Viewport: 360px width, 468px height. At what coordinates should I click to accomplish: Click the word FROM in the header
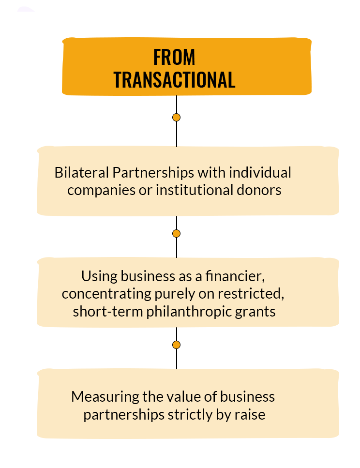[x=174, y=57]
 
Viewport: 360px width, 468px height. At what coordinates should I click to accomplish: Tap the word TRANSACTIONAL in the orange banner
[x=174, y=80]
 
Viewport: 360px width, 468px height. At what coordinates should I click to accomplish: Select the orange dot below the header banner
[x=177, y=117]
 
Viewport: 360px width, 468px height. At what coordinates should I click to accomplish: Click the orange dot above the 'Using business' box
[x=177, y=233]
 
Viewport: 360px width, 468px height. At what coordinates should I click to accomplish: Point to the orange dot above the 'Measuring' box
[x=177, y=345]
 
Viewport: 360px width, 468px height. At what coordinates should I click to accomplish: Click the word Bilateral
[x=81, y=172]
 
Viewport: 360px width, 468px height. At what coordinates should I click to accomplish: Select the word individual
[x=260, y=172]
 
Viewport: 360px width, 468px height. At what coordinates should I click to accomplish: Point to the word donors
[x=259, y=190]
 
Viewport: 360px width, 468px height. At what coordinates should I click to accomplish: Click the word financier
[x=235, y=276]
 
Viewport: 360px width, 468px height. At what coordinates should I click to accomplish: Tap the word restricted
[x=251, y=294]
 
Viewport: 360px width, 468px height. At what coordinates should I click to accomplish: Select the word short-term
[x=108, y=312]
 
